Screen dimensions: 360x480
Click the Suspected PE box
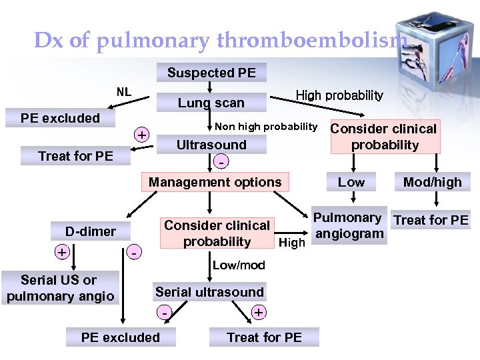coord(211,73)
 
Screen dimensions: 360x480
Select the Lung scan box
coord(211,103)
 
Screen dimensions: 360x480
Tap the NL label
coord(124,91)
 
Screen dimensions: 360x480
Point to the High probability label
coord(339,95)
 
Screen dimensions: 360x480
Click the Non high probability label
coord(266,127)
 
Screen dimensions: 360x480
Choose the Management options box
coord(215,182)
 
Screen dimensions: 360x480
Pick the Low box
coord(351,182)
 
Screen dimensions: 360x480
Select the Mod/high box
coord(433,182)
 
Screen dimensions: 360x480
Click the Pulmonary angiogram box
coord(349,225)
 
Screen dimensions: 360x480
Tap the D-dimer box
coord(91,231)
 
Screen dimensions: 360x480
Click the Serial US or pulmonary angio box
coord(59,288)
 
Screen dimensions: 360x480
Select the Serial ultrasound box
coord(209,292)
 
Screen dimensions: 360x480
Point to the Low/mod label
coord(239,265)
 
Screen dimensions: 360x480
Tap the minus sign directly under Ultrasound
coord(220,162)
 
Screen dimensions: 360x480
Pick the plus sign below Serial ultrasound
coord(258,312)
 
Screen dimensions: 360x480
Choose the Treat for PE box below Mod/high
coord(431,220)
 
